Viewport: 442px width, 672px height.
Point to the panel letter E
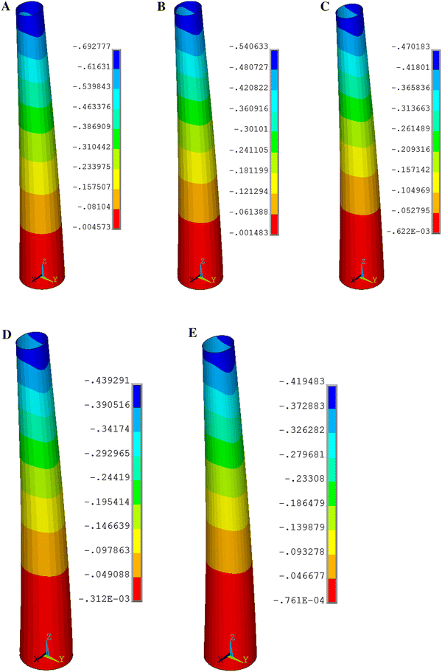[193, 336]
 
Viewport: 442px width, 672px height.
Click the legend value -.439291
[109, 381]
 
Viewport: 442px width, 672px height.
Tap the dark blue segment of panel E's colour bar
[331, 397]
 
